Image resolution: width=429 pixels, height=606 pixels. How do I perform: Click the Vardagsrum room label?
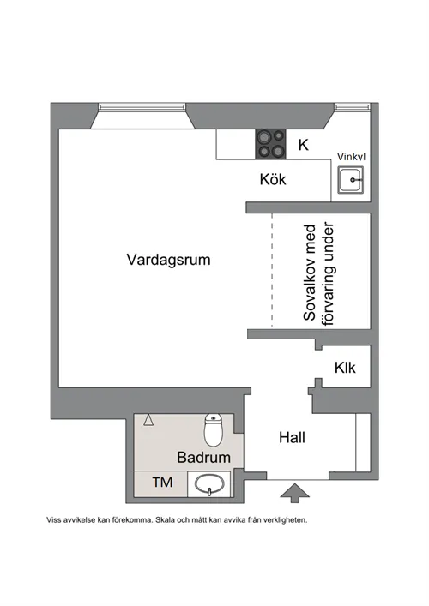tap(168, 258)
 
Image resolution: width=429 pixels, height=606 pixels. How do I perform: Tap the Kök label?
tap(273, 180)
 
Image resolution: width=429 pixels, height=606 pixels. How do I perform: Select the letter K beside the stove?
tap(302, 145)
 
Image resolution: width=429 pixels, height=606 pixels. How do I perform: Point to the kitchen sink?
tap(350, 181)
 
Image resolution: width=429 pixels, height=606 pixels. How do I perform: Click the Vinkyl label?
tap(352, 157)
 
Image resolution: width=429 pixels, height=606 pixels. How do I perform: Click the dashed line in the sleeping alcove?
tap(273, 270)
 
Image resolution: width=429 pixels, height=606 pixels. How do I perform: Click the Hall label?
tap(292, 437)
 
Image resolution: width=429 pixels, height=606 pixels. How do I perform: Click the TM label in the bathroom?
tap(162, 483)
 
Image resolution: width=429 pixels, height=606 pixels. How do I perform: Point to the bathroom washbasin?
tap(208, 485)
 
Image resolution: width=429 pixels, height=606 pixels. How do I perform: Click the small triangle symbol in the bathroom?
tap(148, 420)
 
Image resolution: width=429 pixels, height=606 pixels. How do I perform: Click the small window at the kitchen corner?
tap(352, 107)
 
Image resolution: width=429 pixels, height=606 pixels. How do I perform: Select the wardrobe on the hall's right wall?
tap(362, 443)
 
